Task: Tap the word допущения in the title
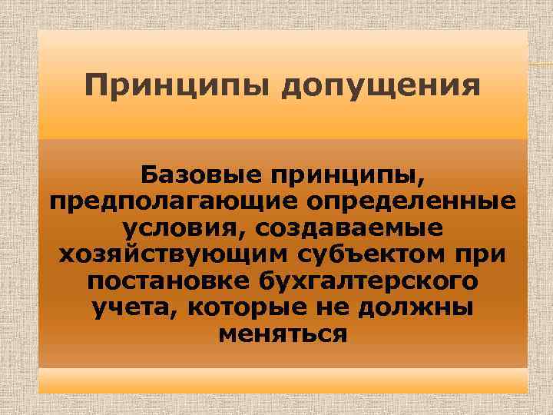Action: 380,86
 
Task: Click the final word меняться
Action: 283,334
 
